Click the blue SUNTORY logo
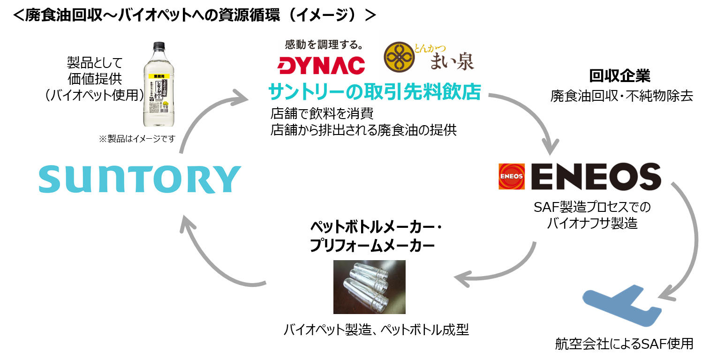point(139,179)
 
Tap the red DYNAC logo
point(321,65)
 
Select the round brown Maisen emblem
point(399,57)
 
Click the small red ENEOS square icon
point(512,176)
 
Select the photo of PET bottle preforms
point(369,287)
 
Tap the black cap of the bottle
point(159,46)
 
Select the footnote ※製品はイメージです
point(136,139)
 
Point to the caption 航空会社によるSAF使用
point(624,344)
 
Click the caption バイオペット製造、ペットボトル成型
point(376,330)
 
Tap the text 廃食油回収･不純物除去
point(621,96)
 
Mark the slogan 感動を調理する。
point(324,45)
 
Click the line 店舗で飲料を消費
point(322,114)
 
